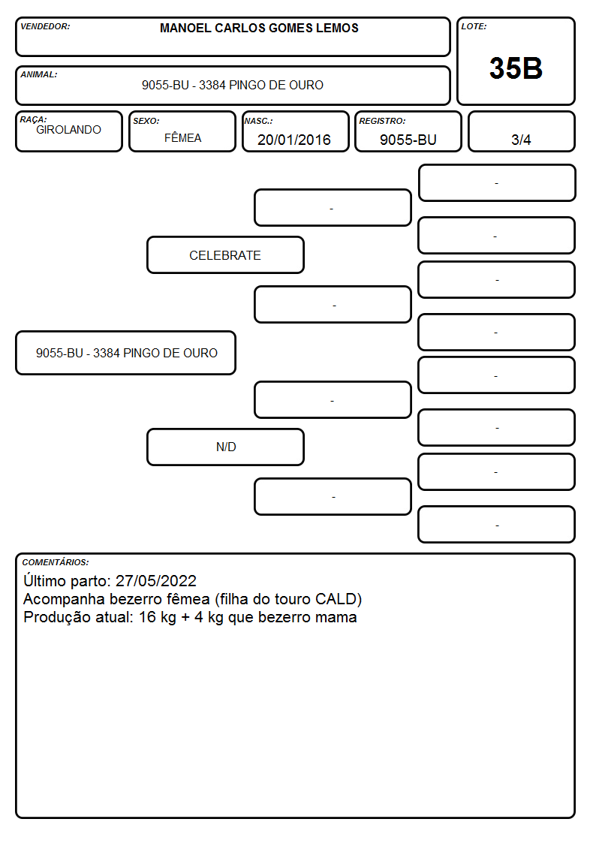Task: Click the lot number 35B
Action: pos(516,68)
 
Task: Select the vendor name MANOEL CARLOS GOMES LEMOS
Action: pos(259,28)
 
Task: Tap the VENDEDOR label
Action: pos(45,26)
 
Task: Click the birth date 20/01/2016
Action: pos(294,140)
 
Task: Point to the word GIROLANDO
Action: pos(68,130)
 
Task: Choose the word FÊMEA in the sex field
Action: pos(182,137)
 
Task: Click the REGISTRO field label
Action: pos(382,121)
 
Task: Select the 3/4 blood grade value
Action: pos(521,140)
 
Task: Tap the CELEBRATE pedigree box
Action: pos(225,254)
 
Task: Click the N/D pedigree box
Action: pos(225,447)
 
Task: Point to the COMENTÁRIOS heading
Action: pos(56,562)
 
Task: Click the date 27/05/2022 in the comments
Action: pos(156,580)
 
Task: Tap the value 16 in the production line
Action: pos(147,616)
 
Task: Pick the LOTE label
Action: pos(474,26)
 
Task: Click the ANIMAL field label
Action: pos(39,75)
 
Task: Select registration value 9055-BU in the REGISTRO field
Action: pos(408,140)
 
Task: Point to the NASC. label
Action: pos(258,121)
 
